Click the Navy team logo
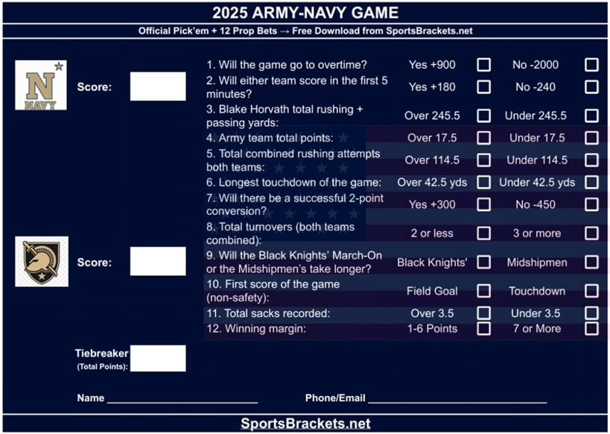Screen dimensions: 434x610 (41, 85)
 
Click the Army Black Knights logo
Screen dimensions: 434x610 (42, 262)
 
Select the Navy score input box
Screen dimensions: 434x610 (158, 87)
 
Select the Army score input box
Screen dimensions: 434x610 (158, 262)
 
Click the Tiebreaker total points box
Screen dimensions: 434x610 (158, 358)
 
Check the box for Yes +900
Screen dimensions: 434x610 (484, 65)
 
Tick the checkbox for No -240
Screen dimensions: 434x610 (591, 87)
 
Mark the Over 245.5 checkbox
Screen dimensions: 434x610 (484, 116)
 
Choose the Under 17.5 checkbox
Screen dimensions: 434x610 (591, 138)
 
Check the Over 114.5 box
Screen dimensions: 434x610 (484, 160)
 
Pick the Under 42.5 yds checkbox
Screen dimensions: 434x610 (591, 182)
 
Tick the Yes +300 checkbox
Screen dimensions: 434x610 (484, 204)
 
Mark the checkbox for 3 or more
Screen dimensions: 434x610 (591, 233)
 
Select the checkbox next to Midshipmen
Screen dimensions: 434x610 (591, 262)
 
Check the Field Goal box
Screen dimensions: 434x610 (484, 291)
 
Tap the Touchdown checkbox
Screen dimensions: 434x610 (591, 291)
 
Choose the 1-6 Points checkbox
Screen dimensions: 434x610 (484, 328)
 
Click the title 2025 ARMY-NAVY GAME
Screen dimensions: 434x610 (305, 13)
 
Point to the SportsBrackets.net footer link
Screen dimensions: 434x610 (305, 424)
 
